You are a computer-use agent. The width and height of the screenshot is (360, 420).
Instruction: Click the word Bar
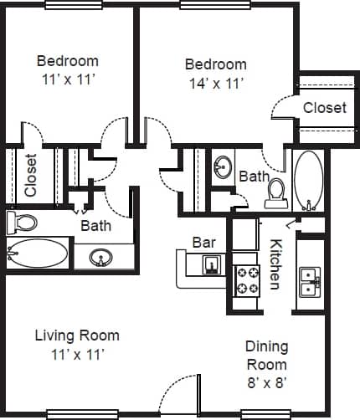click(x=204, y=242)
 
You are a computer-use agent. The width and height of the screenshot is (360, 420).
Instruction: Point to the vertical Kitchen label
click(x=275, y=264)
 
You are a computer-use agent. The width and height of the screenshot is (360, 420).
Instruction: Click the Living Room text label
click(x=77, y=335)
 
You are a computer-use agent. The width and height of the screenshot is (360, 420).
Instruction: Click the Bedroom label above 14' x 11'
click(x=216, y=64)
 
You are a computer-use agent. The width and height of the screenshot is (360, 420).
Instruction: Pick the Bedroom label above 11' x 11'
click(x=68, y=61)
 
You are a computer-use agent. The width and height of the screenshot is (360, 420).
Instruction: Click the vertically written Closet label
click(x=31, y=176)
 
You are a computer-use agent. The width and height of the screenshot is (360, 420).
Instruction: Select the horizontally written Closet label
click(x=325, y=108)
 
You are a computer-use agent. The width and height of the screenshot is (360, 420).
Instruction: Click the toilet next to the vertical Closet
click(x=23, y=223)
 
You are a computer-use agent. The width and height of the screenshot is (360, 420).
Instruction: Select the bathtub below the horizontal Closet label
click(x=309, y=180)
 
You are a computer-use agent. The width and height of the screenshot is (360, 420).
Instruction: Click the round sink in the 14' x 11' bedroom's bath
click(x=223, y=167)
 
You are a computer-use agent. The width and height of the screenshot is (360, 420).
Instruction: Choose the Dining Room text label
click(x=266, y=355)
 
